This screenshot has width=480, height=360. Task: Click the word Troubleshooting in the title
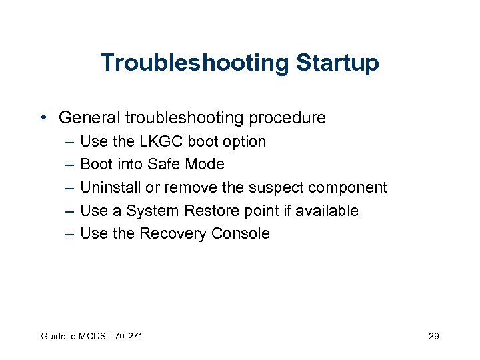194,63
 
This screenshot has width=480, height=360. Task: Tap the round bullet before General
43,118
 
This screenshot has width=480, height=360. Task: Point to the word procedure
287,118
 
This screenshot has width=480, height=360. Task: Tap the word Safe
164,164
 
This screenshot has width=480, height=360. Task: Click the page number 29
433,336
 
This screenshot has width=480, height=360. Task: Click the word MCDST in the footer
91,336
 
